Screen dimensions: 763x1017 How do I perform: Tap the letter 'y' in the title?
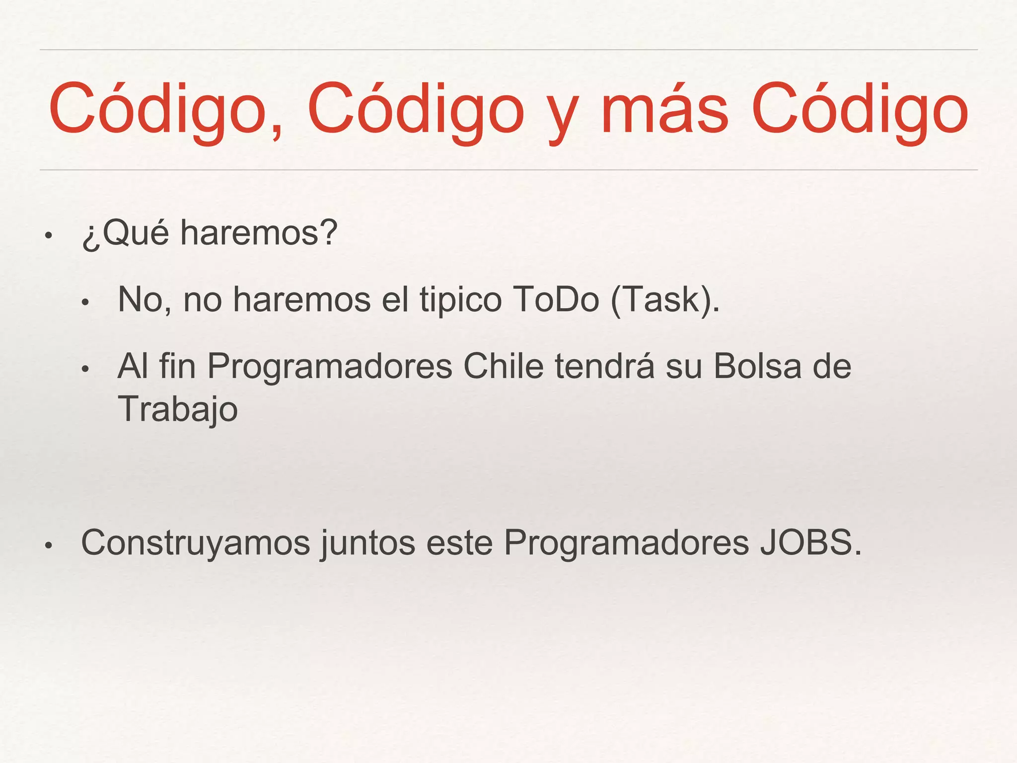click(x=562, y=117)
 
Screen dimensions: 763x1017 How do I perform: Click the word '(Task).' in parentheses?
click(x=665, y=301)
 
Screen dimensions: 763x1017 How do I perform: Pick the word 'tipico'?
click(x=461, y=301)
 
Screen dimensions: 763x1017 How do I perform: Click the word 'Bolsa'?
click(x=758, y=367)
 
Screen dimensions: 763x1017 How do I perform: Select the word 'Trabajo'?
click(x=178, y=410)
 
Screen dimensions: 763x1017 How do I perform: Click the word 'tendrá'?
click(x=604, y=367)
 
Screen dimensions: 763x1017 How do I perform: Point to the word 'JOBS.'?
click(x=810, y=542)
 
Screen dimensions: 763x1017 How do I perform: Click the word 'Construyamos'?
click(x=196, y=542)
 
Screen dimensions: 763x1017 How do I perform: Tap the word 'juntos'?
click(x=368, y=543)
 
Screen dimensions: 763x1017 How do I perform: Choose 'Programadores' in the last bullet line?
click(x=626, y=542)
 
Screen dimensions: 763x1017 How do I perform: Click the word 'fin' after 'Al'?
click(x=177, y=367)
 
